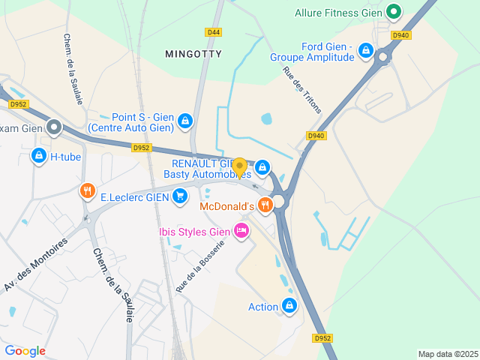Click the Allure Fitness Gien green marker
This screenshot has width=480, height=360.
393,11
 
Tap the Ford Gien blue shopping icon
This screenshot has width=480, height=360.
365,50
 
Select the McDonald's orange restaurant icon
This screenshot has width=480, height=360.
265,205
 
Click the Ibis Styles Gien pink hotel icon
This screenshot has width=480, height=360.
241,230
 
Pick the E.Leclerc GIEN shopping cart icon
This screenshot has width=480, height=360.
179,196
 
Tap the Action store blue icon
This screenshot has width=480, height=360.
289,305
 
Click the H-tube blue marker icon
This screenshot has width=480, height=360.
39,156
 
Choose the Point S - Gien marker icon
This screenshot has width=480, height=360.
184,121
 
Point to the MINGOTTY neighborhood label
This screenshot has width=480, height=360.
193,54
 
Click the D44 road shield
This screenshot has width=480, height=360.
214,32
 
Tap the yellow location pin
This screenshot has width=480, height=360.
239,167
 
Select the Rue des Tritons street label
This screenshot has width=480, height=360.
301,91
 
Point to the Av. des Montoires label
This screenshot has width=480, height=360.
35,265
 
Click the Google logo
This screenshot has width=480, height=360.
25,350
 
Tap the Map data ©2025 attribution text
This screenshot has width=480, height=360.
447,354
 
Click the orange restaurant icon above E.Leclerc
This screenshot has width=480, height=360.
88,192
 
